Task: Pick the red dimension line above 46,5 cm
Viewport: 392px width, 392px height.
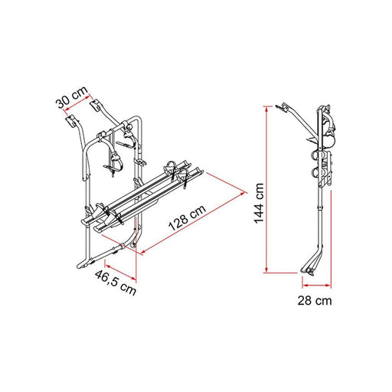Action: click(x=115, y=268)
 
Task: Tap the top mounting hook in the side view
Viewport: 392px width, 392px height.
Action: click(x=285, y=106)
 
